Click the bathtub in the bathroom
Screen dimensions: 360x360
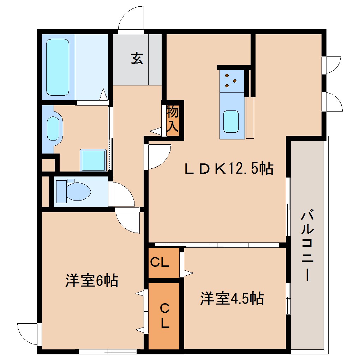point(57,67)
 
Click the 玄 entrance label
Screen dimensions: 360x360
point(137,58)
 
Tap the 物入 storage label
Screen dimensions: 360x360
point(173,119)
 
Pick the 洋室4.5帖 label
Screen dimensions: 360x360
point(232,299)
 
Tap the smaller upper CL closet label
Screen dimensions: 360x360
point(160,263)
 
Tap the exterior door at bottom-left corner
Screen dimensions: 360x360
point(28,334)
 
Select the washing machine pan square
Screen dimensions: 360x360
point(93,160)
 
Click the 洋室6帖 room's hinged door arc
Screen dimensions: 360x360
point(128,221)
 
